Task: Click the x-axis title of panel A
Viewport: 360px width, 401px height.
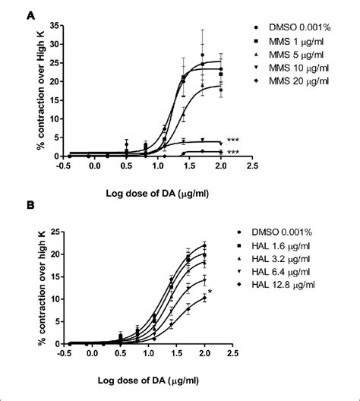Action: (x=158, y=187)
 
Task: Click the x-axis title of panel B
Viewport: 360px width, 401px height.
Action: (x=158, y=374)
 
